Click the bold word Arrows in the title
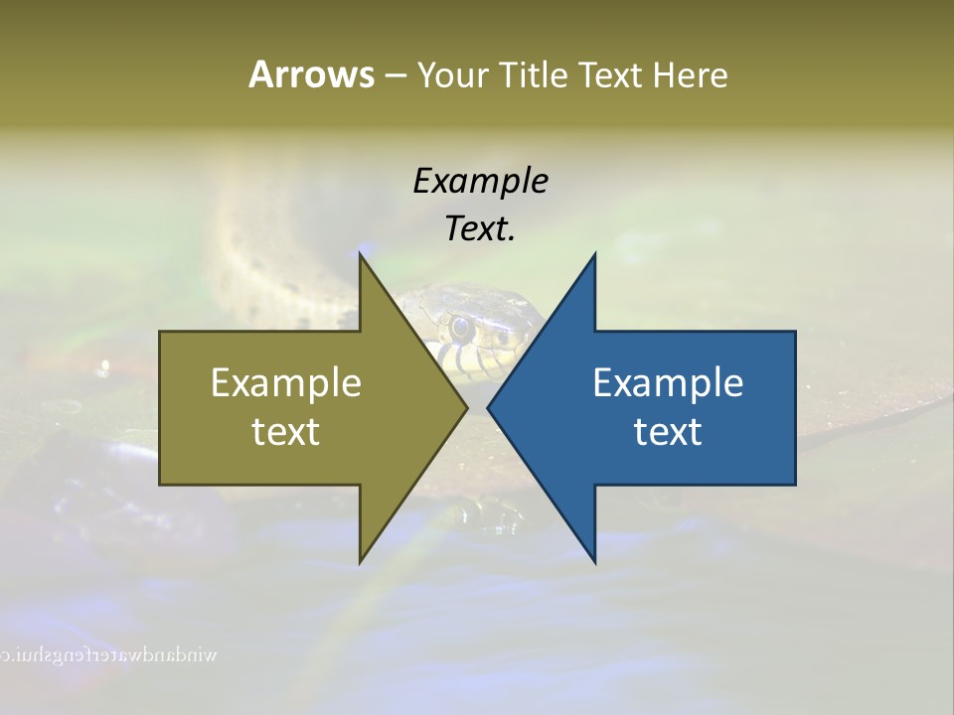(x=311, y=74)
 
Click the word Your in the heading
(x=451, y=75)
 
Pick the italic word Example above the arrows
(x=480, y=181)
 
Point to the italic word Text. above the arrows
(x=480, y=228)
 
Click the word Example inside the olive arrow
(x=286, y=382)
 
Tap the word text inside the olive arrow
(x=286, y=431)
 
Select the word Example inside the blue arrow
(x=668, y=382)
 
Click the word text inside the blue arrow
(x=668, y=431)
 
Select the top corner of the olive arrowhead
(x=361, y=255)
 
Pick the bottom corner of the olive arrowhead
(x=361, y=561)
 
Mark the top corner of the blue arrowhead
(x=594, y=255)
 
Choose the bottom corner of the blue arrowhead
(x=594, y=561)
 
